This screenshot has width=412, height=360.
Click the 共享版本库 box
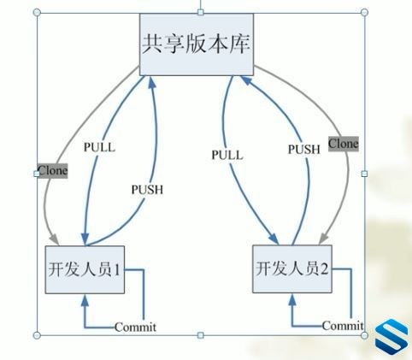pos(197,44)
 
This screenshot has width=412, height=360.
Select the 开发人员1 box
pos(85,269)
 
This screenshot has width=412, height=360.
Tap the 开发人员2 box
pos(292,269)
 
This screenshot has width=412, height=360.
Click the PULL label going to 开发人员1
pos(99,147)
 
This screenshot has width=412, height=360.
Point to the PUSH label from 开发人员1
pos(147,190)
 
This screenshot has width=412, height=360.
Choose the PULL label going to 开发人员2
pos(227,155)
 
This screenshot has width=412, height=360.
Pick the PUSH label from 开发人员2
pos(304,150)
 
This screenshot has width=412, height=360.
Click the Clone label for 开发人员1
pos(53,171)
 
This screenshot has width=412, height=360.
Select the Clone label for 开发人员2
pos(344,144)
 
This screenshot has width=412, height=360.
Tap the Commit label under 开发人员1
pos(135,327)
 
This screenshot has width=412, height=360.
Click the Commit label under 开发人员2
pos(343,326)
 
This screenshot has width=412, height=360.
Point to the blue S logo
pos(391,337)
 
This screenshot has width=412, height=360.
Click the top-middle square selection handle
pos(201,12)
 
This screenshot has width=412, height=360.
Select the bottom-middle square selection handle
pos(201,335)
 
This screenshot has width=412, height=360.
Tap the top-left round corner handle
pos(37,12)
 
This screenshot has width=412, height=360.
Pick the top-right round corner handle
pos(364,12)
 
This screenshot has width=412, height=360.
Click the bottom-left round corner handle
pos(37,335)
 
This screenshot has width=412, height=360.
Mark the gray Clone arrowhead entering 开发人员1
pos(54,239)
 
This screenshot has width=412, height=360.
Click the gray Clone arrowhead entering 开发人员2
pos(323,239)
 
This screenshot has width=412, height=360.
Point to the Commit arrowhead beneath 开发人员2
pos(292,300)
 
